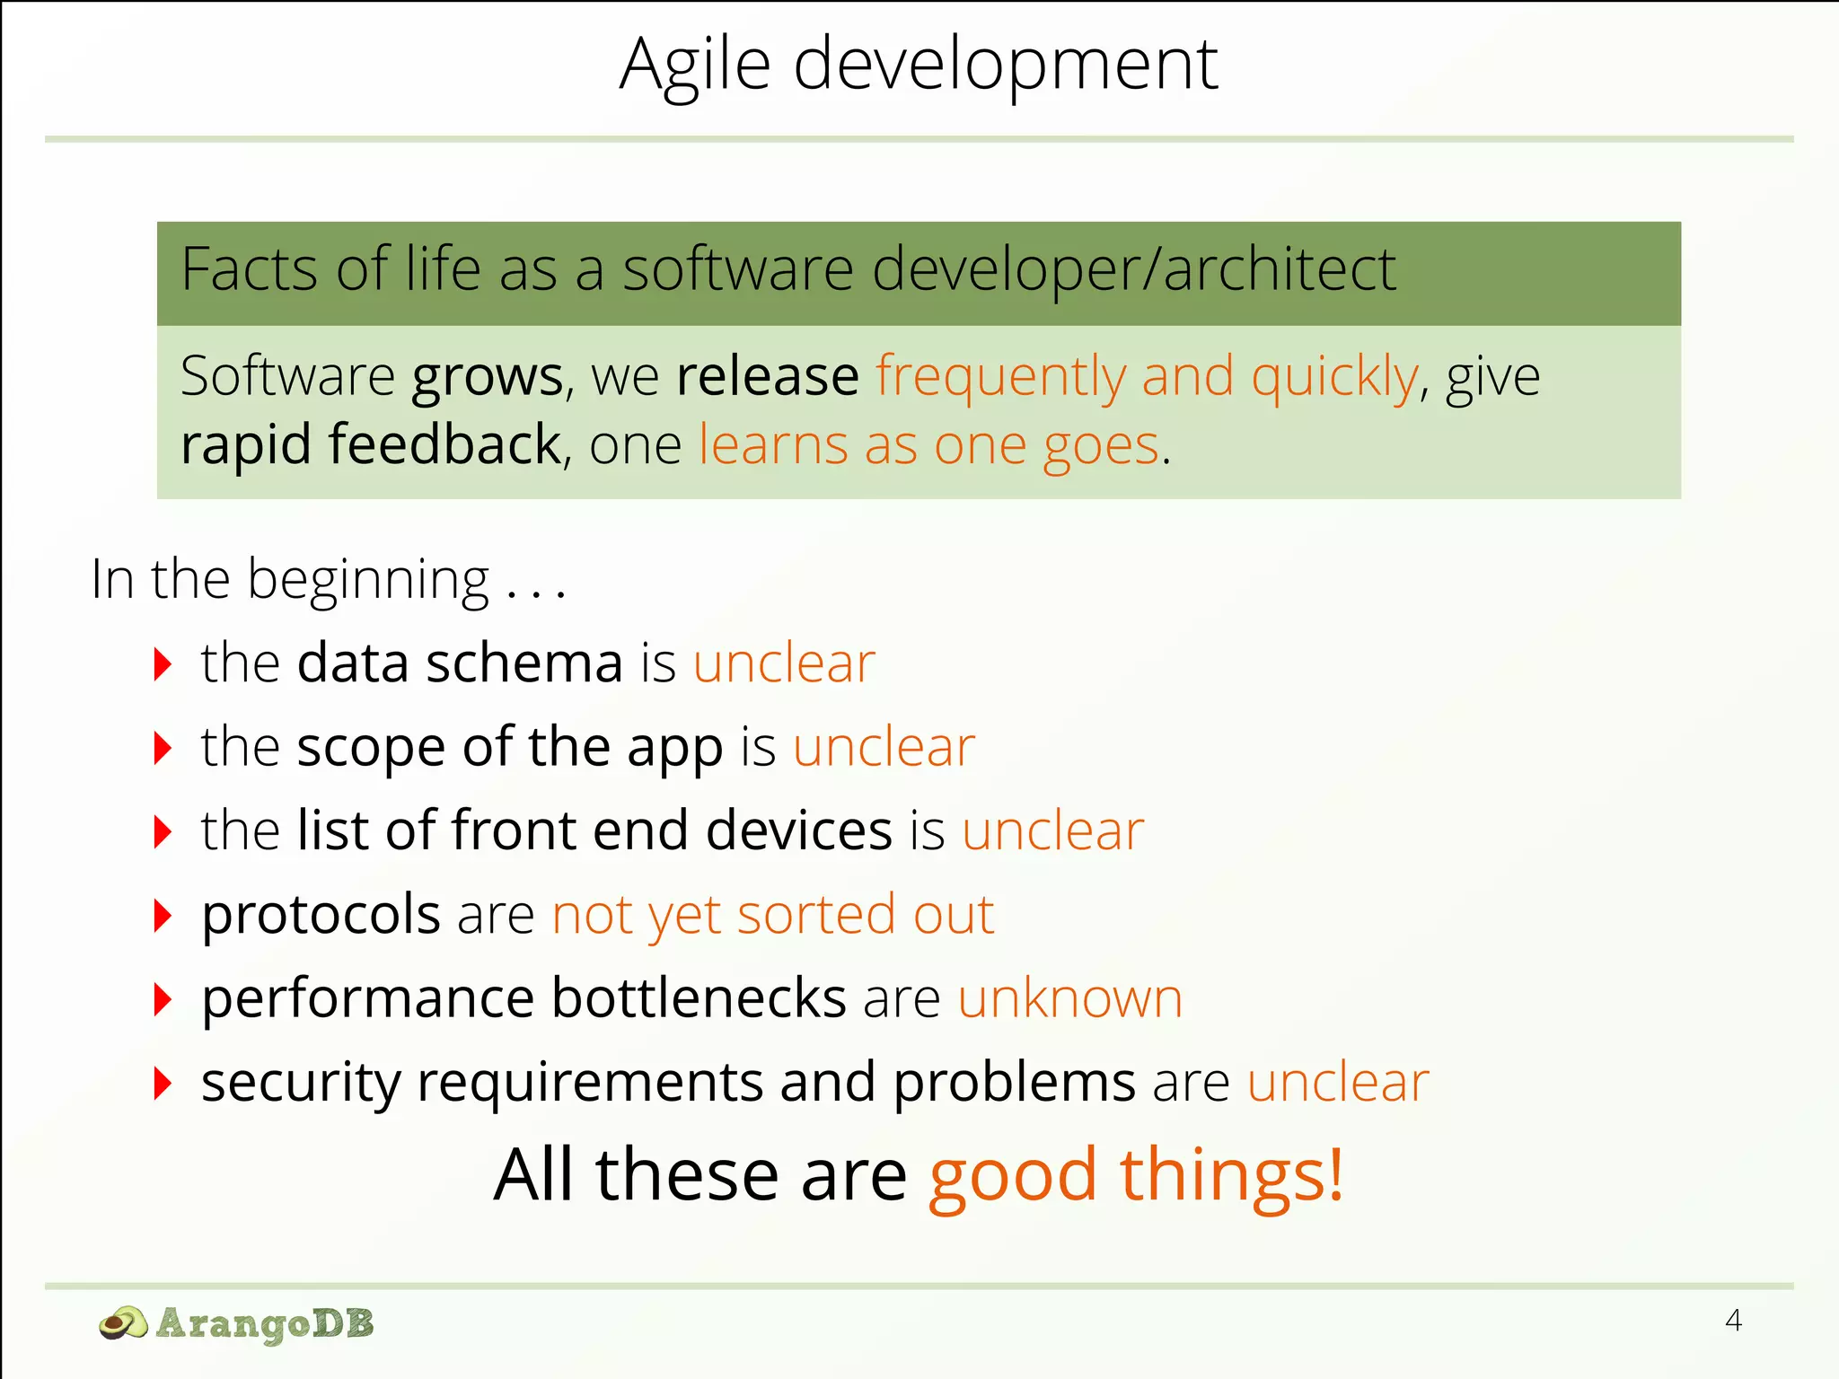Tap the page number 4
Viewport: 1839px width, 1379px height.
point(1733,1320)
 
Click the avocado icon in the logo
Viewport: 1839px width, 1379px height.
point(123,1323)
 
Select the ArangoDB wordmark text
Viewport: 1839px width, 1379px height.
point(265,1323)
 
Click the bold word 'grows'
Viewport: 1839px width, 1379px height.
point(487,377)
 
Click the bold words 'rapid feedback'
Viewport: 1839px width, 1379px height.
point(371,444)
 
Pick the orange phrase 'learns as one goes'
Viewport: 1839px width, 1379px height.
point(929,444)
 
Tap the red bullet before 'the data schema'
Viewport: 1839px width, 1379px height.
point(163,664)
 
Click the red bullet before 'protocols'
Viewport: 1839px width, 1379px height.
point(163,916)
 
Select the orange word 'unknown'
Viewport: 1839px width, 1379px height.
point(1069,998)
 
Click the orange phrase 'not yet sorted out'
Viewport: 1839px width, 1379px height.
point(772,915)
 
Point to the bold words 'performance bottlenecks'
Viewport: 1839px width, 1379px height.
point(524,998)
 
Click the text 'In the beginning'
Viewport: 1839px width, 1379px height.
point(290,579)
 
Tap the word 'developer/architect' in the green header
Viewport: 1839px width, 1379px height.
point(1133,269)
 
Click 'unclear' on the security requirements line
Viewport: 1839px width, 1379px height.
point(1337,1082)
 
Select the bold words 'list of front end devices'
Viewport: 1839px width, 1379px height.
point(594,830)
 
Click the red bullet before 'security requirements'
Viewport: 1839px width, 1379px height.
point(163,1083)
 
